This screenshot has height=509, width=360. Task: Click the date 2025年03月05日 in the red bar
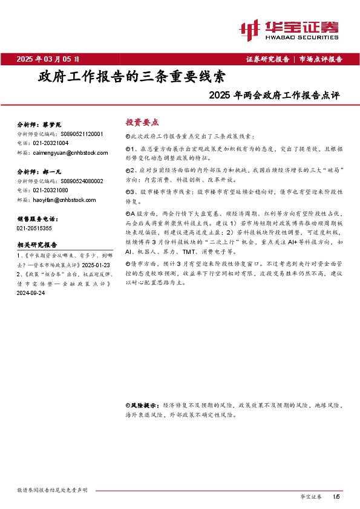48,59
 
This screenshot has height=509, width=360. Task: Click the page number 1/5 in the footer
336,496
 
